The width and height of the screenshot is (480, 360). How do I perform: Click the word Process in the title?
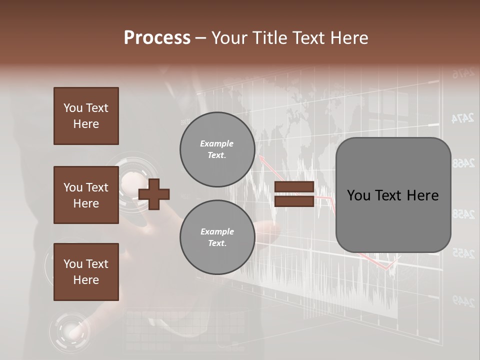[157, 38]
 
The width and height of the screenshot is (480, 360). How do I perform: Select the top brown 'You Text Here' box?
[86, 116]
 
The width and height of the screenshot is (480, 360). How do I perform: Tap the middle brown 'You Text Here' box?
[86, 195]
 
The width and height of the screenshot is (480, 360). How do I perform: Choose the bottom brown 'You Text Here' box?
[86, 272]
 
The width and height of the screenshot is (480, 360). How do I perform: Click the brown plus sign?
[154, 194]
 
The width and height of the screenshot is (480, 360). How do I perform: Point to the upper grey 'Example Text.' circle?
[217, 149]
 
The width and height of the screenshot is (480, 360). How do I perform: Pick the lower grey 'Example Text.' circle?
[217, 237]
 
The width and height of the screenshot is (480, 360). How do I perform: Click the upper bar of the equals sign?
[294, 187]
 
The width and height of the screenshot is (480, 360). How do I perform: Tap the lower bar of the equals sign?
[294, 201]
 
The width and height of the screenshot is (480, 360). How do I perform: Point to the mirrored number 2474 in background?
[462, 118]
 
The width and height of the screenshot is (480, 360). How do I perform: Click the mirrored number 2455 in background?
[463, 254]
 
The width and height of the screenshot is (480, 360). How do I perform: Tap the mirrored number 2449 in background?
[463, 300]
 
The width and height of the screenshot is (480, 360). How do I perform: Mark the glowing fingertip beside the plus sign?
[131, 179]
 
